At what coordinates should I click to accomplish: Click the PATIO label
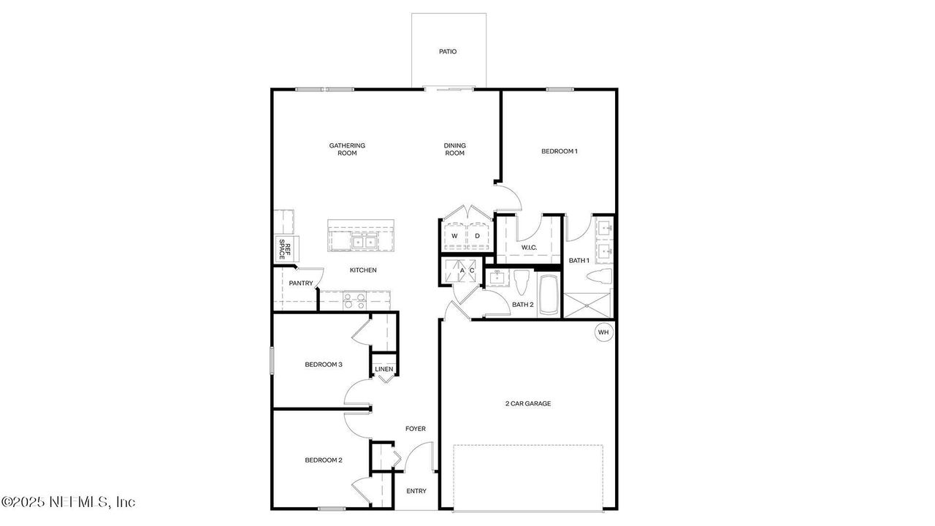(448, 52)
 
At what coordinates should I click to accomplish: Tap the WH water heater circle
(603, 332)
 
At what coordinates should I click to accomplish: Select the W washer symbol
(454, 236)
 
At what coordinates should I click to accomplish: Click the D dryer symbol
(477, 236)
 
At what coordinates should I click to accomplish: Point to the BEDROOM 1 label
(560, 151)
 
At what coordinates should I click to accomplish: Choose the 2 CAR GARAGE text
(528, 403)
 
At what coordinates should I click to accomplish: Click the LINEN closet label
(384, 369)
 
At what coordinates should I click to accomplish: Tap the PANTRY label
(301, 283)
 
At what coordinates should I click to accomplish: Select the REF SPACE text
(284, 250)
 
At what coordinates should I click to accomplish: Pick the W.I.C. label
(529, 248)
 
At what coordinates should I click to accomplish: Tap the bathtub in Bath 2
(547, 295)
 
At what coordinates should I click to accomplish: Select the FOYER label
(416, 429)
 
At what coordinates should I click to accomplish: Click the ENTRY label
(416, 491)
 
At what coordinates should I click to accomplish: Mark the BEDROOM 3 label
(324, 365)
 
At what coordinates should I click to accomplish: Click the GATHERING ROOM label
(347, 149)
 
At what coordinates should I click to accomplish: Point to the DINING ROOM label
(454, 149)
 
